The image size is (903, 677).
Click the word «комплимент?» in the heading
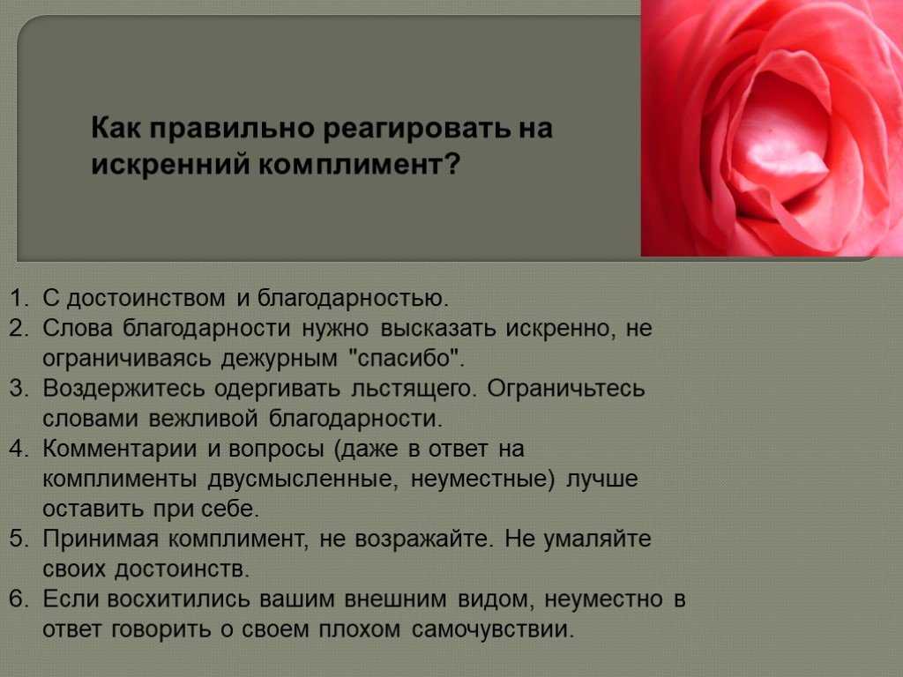click(x=359, y=165)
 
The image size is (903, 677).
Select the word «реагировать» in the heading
click(x=415, y=128)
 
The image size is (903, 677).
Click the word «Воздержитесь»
click(x=123, y=389)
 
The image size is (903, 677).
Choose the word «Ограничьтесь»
click(x=565, y=389)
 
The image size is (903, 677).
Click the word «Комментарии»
click(x=120, y=449)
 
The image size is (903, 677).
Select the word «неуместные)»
click(x=482, y=479)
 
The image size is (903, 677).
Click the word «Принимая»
click(x=100, y=539)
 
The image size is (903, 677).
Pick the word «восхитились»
click(x=178, y=599)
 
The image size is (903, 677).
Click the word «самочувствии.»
click(x=493, y=629)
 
